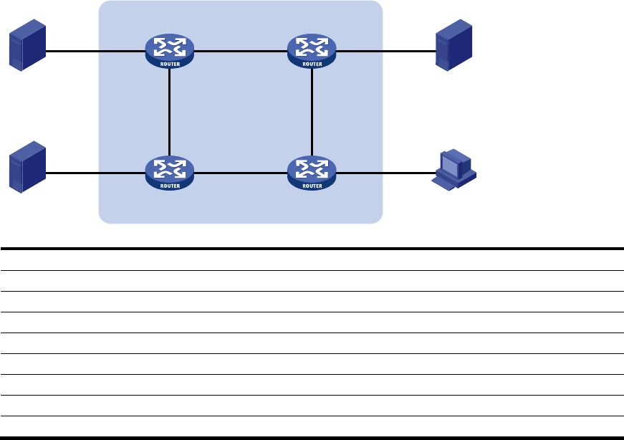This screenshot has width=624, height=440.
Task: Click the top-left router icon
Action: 170,51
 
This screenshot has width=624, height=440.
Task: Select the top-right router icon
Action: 312,51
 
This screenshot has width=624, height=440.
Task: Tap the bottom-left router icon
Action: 170,173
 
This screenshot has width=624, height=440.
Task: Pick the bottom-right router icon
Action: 312,173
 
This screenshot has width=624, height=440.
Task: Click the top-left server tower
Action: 27,45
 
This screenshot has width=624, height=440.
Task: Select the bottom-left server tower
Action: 27,167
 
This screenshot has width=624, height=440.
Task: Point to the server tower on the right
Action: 453,45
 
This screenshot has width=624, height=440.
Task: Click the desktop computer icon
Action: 453,170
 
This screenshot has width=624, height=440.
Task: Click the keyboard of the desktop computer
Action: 443,183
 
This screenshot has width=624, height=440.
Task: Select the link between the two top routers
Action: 241,52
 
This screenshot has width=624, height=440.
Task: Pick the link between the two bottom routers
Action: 241,173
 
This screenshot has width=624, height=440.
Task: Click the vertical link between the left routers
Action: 170,113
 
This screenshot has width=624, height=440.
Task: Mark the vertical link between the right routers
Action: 312,113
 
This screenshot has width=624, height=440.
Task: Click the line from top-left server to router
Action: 95,52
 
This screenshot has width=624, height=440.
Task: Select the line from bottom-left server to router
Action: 95,173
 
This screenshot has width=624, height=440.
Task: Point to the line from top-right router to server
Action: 386,52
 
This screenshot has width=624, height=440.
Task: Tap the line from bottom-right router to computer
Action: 386,173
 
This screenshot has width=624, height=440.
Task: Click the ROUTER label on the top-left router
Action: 170,64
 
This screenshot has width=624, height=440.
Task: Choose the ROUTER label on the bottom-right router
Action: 312,186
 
